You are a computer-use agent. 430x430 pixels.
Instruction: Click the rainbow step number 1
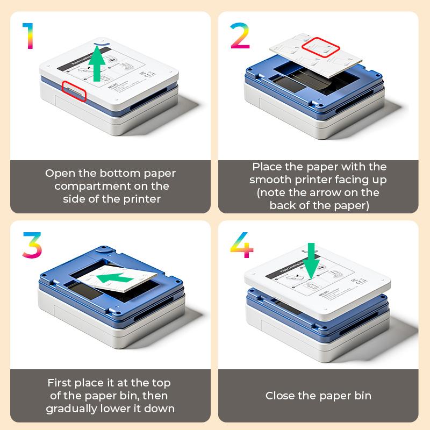point(28,36)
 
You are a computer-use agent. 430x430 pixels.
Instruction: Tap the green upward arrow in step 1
point(97,63)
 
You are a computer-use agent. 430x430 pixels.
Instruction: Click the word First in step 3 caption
point(60,383)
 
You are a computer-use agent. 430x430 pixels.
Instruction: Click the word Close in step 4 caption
point(281,396)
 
